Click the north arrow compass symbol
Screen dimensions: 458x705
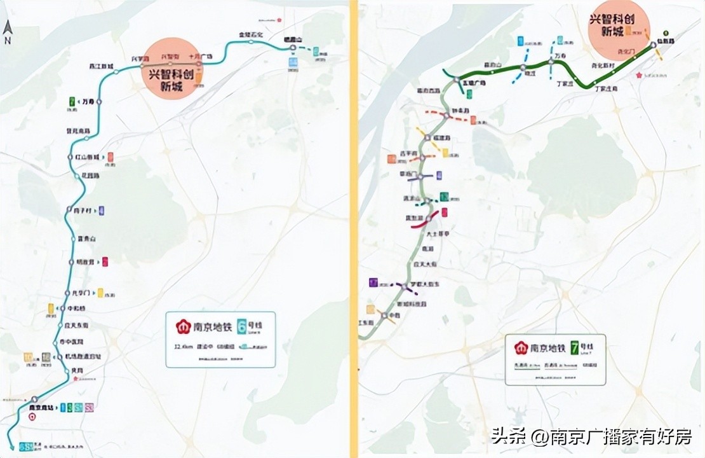8,31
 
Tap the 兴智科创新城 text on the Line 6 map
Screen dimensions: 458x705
170,79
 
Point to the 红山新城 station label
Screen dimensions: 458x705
86,156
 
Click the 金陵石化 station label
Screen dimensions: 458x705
250,34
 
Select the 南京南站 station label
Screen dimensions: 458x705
43,406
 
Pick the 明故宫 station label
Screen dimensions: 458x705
85,261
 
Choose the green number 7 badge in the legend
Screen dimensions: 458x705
575,348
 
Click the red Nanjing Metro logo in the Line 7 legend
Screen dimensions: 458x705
521,349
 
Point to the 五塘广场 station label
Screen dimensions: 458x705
474,83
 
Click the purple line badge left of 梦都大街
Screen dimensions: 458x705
373,282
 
